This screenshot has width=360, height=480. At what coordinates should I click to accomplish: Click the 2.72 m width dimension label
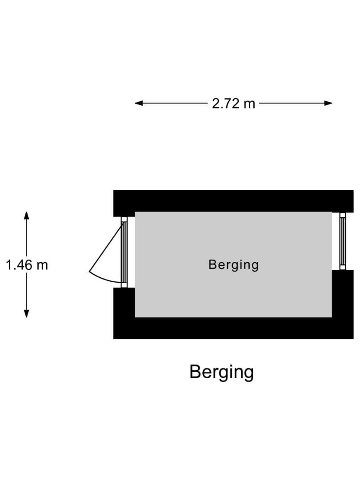coord(233,104)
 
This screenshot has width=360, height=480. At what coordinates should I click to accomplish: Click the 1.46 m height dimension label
coord(27,265)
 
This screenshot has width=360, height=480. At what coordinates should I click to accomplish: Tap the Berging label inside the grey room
coord(233,265)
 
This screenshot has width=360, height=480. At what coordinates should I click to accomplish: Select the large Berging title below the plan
coord(222,372)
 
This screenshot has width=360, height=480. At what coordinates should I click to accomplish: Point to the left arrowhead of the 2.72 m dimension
coord(139,103)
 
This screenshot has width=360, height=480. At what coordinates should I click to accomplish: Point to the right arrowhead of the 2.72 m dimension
coord(328,103)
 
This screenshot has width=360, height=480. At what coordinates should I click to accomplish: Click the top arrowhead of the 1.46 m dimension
coord(27,215)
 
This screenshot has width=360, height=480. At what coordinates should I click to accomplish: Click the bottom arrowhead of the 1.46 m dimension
coord(27,314)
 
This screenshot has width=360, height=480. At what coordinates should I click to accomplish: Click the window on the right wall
coord(343,241)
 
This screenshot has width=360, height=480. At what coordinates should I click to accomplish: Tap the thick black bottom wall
coord(233,328)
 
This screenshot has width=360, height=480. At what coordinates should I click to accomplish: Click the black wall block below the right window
coord(343,294)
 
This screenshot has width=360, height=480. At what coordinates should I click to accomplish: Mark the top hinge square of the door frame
coord(124,220)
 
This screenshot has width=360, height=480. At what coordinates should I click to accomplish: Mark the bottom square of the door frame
coord(124,285)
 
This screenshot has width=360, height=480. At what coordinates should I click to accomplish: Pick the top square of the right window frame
coord(343,215)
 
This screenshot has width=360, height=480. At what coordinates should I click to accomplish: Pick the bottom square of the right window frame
coord(343,268)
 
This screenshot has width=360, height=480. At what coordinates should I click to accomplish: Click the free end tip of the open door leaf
coord(89,272)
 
